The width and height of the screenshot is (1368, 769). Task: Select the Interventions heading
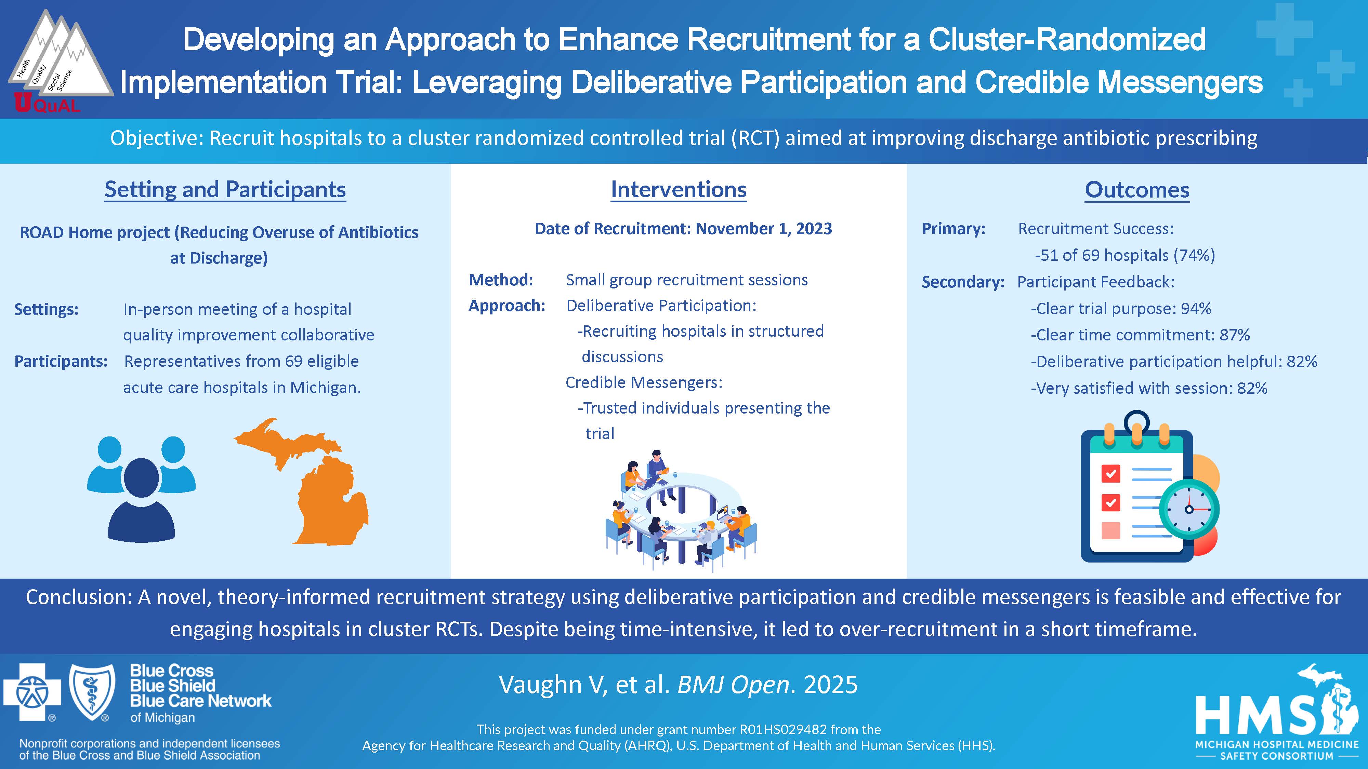(679, 189)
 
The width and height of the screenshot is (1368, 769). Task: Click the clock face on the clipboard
(1189, 510)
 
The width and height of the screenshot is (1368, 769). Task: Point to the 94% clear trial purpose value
(1196, 308)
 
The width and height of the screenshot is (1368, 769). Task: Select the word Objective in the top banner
(157, 138)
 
